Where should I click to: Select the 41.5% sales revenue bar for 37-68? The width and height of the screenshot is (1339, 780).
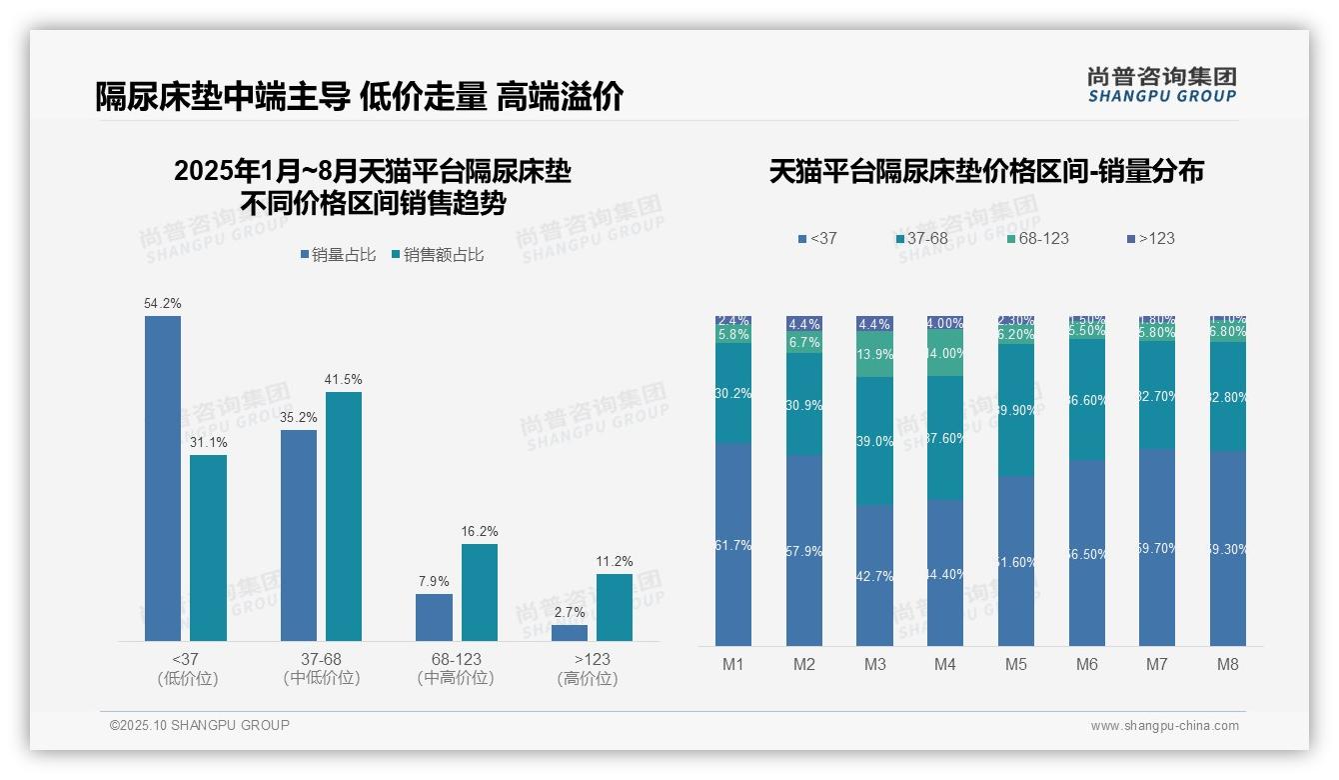click(344, 516)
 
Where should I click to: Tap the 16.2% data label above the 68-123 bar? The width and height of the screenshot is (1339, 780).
click(480, 531)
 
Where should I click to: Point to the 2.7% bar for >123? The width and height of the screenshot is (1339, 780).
click(570, 633)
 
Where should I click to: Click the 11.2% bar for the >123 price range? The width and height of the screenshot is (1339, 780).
click(615, 607)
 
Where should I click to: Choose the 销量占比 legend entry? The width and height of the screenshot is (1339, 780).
click(338, 255)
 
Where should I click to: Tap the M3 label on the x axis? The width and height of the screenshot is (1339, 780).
click(874, 664)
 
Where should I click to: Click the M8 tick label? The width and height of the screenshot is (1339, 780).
click(1228, 664)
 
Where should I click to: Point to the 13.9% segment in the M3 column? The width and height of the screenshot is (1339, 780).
click(874, 355)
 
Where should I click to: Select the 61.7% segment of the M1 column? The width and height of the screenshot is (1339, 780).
click(733, 545)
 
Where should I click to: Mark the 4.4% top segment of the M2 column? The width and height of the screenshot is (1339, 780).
click(804, 324)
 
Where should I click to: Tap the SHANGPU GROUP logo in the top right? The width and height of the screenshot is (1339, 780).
click(1161, 85)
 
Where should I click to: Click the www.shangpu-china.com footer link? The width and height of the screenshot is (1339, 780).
click(1164, 726)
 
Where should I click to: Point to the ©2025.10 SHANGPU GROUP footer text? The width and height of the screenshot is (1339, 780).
click(200, 725)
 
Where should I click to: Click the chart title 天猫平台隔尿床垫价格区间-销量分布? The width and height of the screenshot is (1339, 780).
click(986, 171)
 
